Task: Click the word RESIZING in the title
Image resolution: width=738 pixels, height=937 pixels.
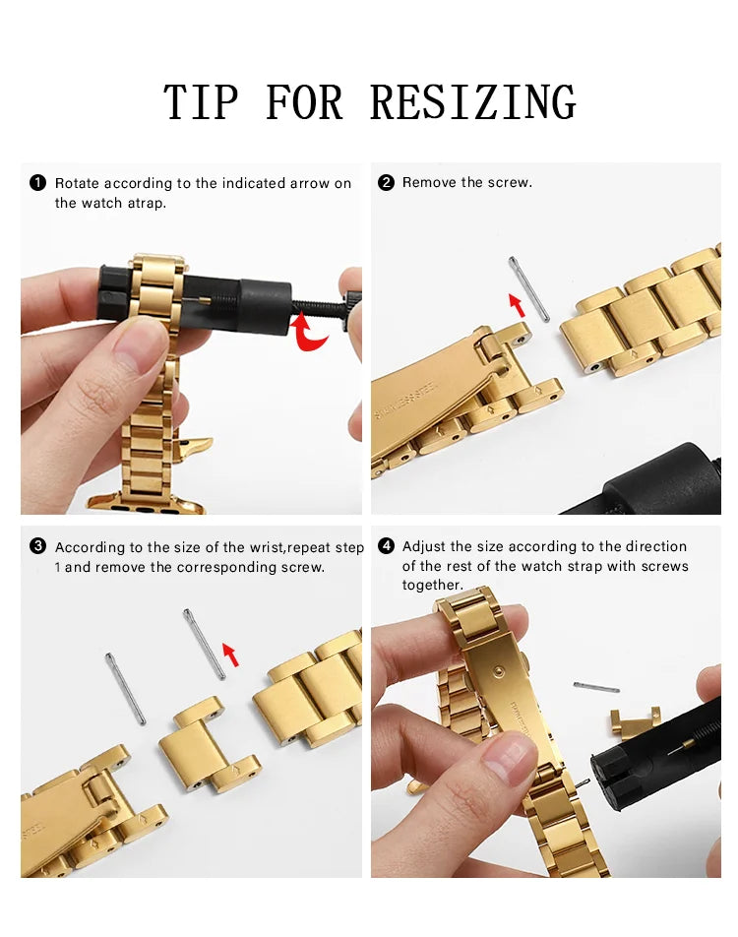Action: (472, 103)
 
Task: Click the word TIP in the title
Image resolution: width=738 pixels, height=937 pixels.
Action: (202, 103)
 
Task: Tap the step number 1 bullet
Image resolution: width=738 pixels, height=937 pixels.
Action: (37, 183)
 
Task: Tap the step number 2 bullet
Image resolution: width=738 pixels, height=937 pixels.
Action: (386, 182)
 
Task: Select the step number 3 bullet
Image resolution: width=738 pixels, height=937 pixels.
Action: (37, 546)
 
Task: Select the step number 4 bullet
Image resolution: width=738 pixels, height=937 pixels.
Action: (386, 546)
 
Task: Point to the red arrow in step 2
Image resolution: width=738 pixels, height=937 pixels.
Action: (516, 304)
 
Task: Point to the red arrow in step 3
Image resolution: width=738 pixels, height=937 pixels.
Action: (230, 654)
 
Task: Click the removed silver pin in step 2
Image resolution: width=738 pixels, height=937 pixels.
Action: (529, 288)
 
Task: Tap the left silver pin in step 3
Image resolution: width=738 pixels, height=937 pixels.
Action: (125, 688)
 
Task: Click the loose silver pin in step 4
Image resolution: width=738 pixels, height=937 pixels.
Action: (596, 687)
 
